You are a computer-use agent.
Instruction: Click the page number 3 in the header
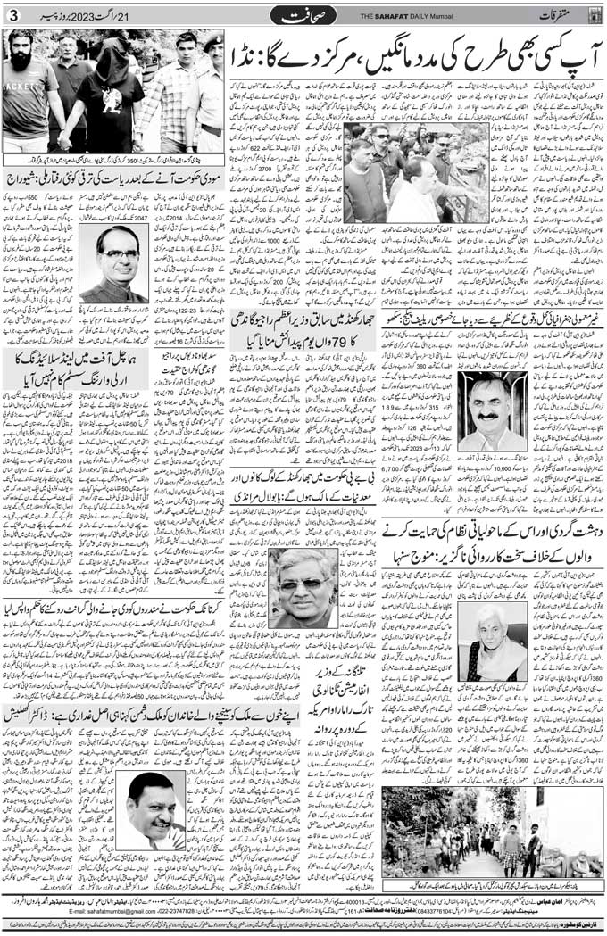point(12,15)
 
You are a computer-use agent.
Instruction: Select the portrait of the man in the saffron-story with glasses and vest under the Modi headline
point(114,263)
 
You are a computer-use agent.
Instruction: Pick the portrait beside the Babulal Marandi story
point(303,588)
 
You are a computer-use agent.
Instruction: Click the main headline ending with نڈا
point(412,55)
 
